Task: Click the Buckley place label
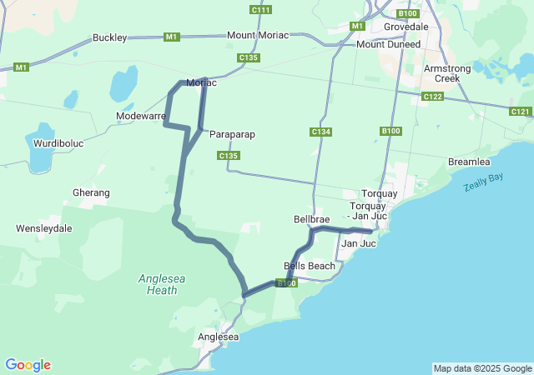[109, 37]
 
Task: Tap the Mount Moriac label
[258, 35]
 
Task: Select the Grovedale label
[406, 27]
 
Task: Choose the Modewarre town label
[140, 116]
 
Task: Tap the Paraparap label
[232, 134]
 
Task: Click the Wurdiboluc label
[58, 143]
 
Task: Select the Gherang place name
[91, 192]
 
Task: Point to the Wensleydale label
[43, 227]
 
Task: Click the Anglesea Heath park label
[157, 284]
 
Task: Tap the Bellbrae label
[312, 219]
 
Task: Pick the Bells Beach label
[310, 266]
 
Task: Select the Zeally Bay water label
[483, 182]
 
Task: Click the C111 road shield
[260, 9]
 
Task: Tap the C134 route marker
[321, 132]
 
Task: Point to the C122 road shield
[432, 97]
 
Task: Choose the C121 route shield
[520, 111]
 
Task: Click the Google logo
[28, 365]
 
